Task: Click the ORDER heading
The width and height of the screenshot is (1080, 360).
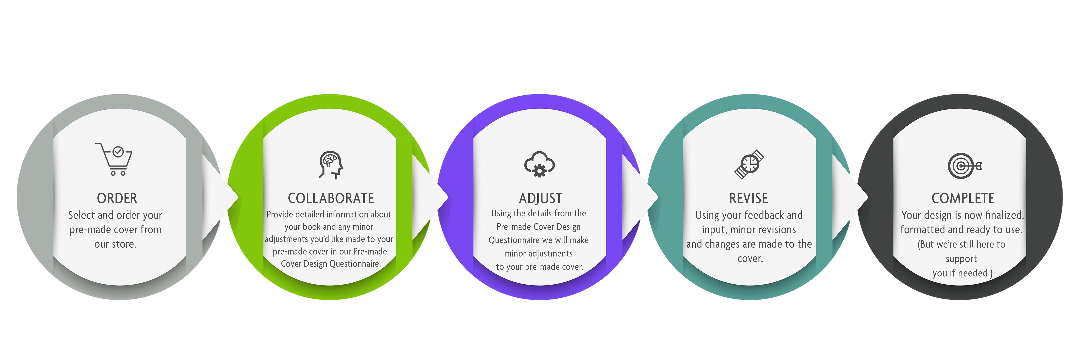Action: click(117, 198)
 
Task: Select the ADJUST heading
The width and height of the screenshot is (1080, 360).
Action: click(540, 198)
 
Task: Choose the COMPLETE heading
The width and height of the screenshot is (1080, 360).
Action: click(963, 198)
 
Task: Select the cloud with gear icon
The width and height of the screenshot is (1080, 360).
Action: click(540, 164)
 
